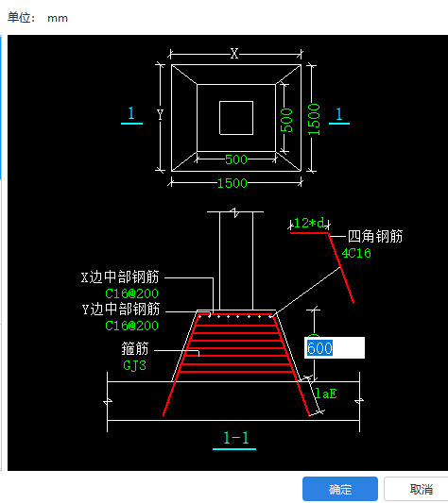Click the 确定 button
(x=340, y=489)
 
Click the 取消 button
(x=421, y=489)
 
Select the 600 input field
(x=333, y=348)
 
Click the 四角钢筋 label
(x=374, y=236)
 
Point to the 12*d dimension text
(x=309, y=223)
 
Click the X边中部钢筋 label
(x=120, y=277)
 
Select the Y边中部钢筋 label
(x=120, y=310)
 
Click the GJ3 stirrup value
(x=135, y=364)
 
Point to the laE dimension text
(x=324, y=391)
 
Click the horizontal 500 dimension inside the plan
(x=235, y=159)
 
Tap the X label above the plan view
(x=234, y=54)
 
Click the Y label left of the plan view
(x=160, y=115)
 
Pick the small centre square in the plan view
(x=235, y=117)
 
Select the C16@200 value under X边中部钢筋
(x=131, y=293)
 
